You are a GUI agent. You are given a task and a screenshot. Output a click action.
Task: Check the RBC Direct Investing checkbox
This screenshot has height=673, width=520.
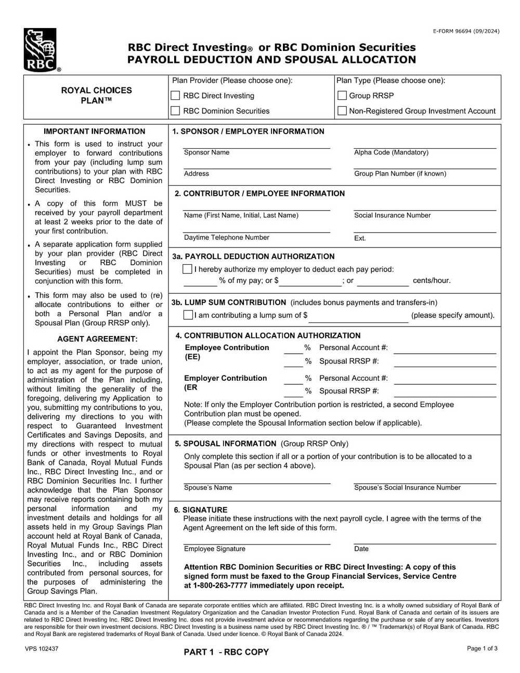pos(176,96)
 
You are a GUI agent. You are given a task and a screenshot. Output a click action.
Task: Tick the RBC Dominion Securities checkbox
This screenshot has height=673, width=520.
pos(176,111)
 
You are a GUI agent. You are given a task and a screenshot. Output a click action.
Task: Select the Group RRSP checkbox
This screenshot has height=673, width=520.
pos(342,96)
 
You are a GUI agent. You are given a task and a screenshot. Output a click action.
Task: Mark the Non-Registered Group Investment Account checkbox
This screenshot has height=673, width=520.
pos(342,111)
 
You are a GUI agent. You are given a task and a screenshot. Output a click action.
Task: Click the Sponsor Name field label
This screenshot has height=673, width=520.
pos(206,152)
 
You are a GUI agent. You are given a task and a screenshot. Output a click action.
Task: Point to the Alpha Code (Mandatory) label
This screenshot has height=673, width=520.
pos(391,152)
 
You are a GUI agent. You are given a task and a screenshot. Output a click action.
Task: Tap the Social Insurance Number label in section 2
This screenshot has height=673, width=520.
pos(392,215)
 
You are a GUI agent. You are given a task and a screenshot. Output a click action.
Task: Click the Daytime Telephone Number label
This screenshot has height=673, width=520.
pos(226,238)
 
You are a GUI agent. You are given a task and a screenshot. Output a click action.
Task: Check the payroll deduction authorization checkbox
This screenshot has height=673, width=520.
pos(188,269)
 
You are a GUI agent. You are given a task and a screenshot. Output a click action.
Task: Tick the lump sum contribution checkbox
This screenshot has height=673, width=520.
pos(188,315)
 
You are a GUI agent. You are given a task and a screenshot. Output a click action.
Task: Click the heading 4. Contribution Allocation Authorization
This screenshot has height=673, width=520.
pos(268,335)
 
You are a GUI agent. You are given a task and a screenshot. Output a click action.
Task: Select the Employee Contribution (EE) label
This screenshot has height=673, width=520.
pos(227,352)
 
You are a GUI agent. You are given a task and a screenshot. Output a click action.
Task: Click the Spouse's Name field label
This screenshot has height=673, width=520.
pos(208,488)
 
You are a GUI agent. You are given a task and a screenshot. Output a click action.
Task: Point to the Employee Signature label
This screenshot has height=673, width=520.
pos(214,549)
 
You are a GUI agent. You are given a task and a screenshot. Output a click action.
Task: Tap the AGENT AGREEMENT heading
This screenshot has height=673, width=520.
pos(97,339)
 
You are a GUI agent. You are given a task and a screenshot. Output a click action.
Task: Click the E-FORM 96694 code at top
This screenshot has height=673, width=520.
pos(466,31)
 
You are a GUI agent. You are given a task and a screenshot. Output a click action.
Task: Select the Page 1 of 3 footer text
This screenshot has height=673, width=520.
pos(482,649)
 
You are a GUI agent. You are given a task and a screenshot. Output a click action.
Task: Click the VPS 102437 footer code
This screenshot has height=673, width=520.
pos(41,649)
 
